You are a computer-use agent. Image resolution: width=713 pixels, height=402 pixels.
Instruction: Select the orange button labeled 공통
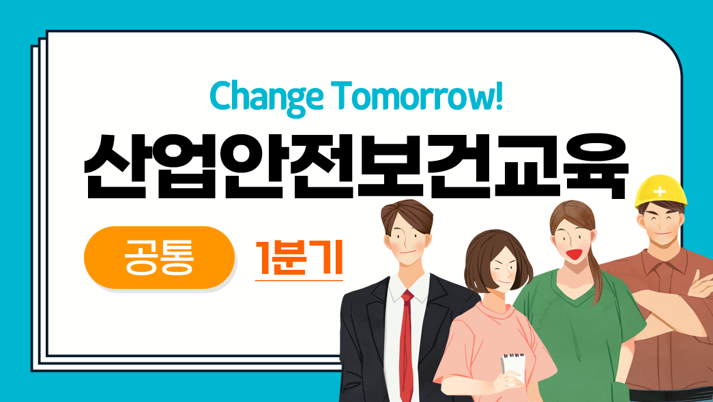[x=159, y=258]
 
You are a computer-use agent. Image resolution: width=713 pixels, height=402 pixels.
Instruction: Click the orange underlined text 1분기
[x=299, y=258]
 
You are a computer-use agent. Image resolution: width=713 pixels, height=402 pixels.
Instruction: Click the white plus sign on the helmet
[x=659, y=191]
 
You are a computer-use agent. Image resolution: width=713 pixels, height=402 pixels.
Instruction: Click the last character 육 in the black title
[x=597, y=167]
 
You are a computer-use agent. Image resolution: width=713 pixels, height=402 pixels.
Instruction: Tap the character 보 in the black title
[x=390, y=167]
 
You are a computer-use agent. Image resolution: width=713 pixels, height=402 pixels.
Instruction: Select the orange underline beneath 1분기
[x=299, y=280]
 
